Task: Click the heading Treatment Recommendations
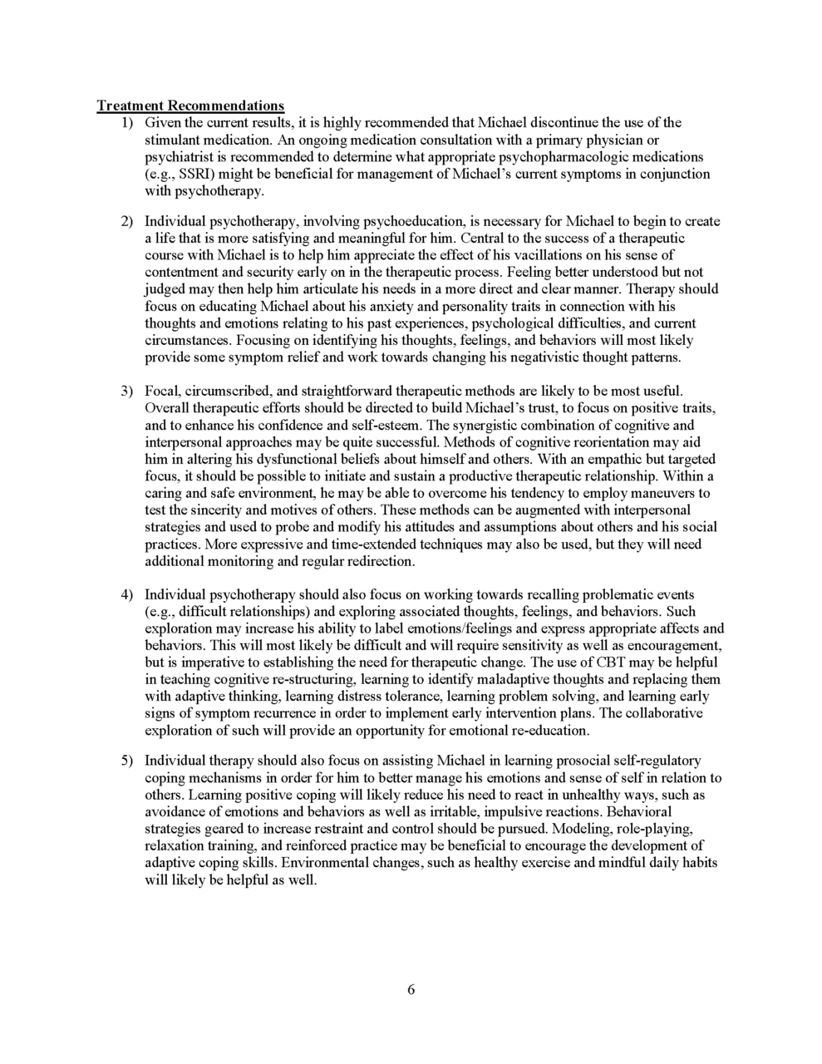point(190,106)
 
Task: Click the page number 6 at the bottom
point(411,989)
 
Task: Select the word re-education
point(546,731)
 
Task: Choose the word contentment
point(185,272)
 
